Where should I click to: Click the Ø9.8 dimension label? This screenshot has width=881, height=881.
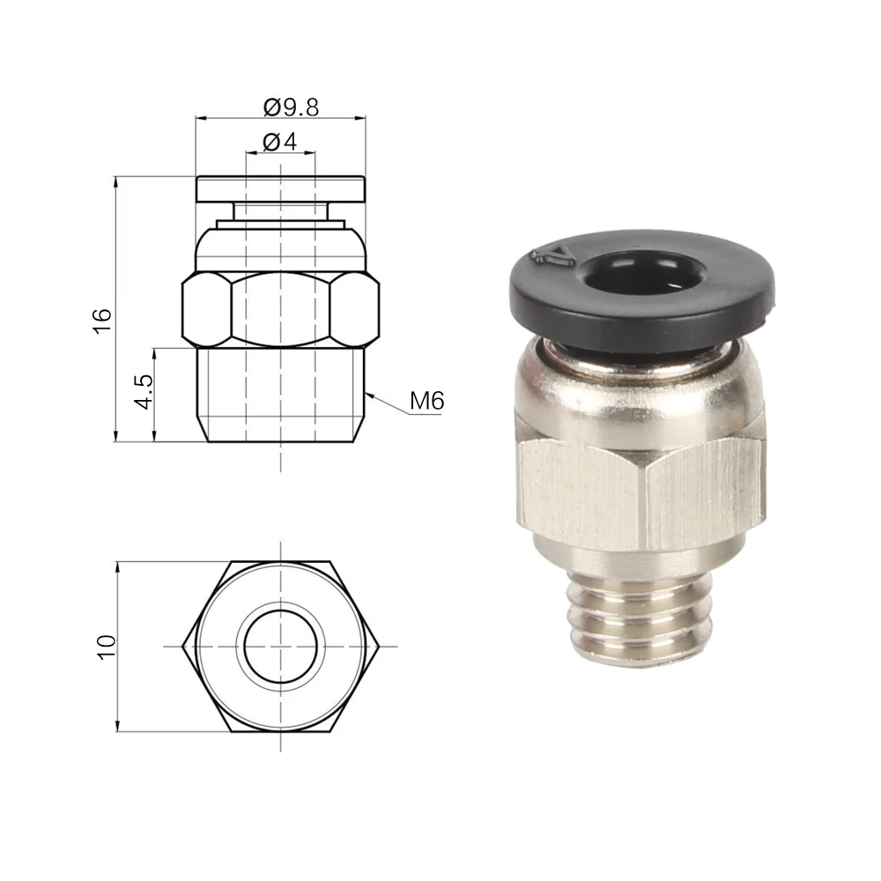coord(291,107)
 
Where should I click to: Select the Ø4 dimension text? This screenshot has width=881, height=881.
coord(279,142)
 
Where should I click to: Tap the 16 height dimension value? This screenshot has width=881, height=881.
coord(103,322)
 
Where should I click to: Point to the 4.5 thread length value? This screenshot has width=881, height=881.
coord(144,392)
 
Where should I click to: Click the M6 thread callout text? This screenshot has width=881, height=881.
coord(427,401)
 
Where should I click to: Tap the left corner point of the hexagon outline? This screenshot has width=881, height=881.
coord(182,646)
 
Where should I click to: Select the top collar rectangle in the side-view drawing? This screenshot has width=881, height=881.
coord(280,190)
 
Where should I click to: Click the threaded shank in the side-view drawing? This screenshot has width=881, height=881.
coord(280,395)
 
